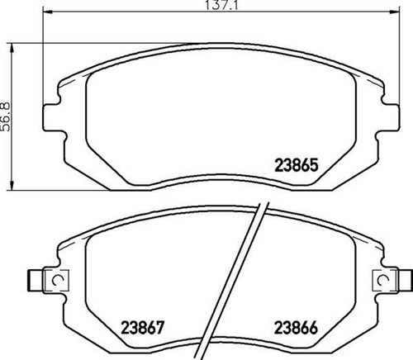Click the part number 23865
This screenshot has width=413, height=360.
[297, 165]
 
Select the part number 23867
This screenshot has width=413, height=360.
[143, 328]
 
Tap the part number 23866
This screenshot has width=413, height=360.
[297, 328]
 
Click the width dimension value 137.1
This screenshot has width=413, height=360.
[221, 6]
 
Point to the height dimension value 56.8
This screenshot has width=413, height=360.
[6, 116]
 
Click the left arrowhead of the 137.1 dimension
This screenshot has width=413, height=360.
[48, 12]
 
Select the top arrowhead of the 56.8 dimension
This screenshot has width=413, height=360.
[12, 48]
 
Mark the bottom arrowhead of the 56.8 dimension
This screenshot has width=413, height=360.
[12, 185]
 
